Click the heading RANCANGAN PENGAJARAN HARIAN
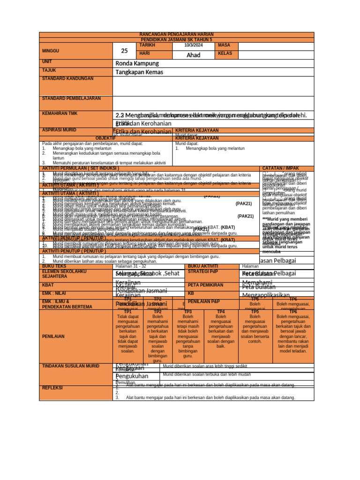point(177,35)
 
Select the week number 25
point(124,51)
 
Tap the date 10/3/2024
point(193,45)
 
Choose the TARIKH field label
point(147,45)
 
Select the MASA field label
point(225,45)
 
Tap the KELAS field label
point(226,53)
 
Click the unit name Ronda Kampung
point(137,63)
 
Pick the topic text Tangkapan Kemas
point(139,72)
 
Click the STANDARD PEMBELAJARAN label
point(71,98)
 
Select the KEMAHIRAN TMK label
point(60,113)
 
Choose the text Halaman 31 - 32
point(131,266)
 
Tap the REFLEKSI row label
point(52,388)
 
